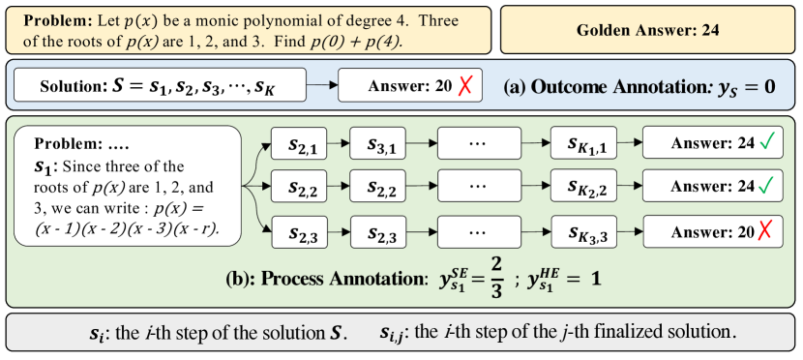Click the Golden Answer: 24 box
coord(648,30)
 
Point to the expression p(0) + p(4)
coord(355,42)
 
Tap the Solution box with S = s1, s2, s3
coord(160,84)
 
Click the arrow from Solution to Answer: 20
coord(322,84)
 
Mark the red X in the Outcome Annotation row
coord(464,85)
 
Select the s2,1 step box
coord(299,143)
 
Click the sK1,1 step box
coord(584,143)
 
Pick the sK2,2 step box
coord(584,187)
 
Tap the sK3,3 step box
coord(584,232)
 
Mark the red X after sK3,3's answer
coord(763,232)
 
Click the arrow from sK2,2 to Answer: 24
coord(630,187)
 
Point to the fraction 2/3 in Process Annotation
coord(495,278)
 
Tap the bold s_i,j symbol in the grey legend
coord(391,333)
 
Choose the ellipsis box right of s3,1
coord(478,143)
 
